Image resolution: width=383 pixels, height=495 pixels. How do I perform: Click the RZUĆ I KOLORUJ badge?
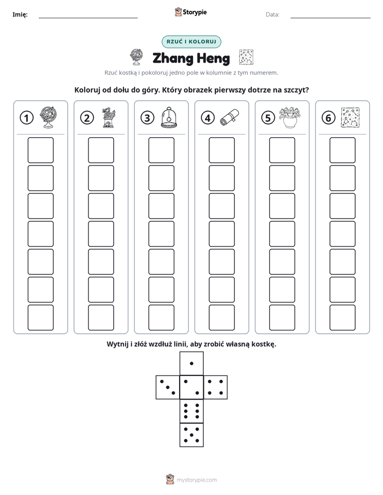(x=191, y=42)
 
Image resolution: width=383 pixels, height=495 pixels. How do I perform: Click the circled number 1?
(x=26, y=118)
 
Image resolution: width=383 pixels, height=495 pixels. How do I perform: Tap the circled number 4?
(x=208, y=118)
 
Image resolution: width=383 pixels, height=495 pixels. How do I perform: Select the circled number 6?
(x=328, y=118)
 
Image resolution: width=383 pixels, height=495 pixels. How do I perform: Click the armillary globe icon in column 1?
(x=49, y=117)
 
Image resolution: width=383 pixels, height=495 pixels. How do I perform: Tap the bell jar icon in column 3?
(x=169, y=117)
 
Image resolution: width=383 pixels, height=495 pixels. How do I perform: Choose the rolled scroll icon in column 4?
(x=230, y=117)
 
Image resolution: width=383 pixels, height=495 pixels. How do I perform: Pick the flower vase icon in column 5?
(x=290, y=117)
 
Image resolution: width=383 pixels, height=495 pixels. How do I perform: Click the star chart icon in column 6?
(x=350, y=117)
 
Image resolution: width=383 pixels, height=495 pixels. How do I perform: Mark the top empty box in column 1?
(x=40, y=150)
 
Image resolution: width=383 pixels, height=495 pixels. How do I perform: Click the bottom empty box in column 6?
(x=342, y=318)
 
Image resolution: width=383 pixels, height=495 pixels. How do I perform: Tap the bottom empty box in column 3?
(x=161, y=318)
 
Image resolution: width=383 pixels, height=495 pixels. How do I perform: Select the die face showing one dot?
(x=191, y=363)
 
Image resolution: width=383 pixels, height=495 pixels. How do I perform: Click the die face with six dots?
(x=191, y=411)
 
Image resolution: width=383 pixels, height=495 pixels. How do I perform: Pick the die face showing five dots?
(x=191, y=435)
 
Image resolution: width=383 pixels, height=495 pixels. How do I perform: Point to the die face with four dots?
(x=216, y=387)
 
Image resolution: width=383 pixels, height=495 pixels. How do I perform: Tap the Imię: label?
(x=20, y=14)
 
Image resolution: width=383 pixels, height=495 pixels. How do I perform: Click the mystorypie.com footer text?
(x=196, y=480)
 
